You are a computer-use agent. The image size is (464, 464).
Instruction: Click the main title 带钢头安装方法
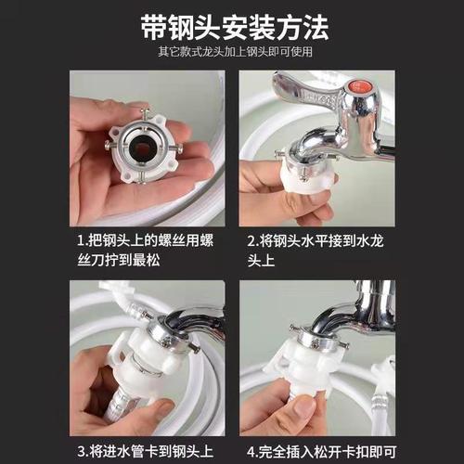coord(231,27)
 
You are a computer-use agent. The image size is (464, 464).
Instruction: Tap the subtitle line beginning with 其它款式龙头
coord(231,53)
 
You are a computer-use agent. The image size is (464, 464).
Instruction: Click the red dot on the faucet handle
coord(359,98)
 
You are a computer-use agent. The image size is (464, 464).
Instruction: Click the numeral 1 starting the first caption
coord(81,240)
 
